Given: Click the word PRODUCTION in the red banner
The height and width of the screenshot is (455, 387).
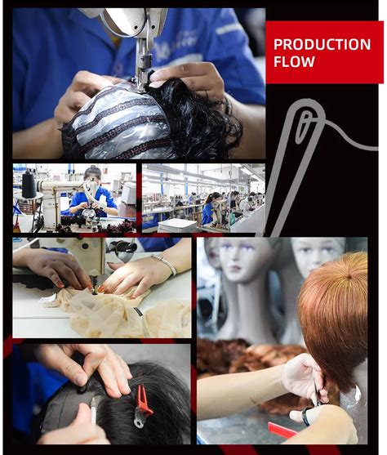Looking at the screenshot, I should click(x=321, y=44).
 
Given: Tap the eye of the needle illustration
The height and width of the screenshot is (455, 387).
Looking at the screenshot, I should click(x=304, y=127).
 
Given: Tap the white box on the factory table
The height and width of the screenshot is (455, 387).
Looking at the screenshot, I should click(x=177, y=225).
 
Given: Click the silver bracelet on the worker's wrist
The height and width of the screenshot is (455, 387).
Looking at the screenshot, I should click(x=166, y=265).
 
